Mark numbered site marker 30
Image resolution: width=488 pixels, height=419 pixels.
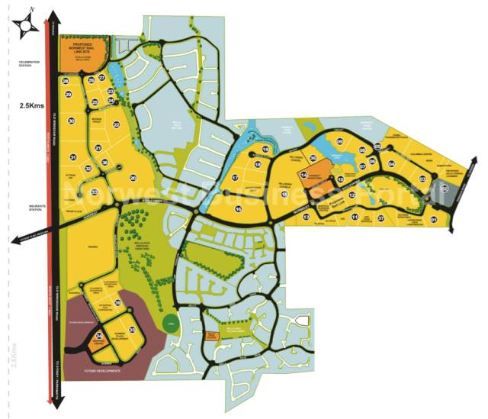point(71,121)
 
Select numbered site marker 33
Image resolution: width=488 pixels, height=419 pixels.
point(94,192)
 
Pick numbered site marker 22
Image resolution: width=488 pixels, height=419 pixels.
point(116,124)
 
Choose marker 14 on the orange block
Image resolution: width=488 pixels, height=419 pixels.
point(303,176)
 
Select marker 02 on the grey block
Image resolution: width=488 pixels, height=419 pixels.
point(445,187)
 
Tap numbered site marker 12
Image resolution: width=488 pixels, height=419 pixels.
point(352,195)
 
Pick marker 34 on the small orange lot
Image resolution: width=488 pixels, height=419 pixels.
point(98,333)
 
